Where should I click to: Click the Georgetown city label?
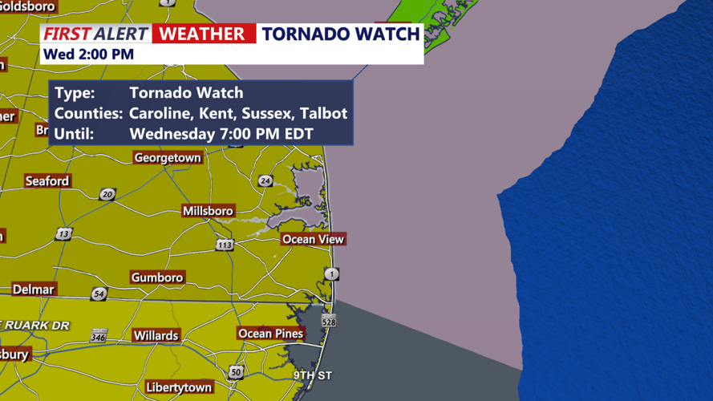tap(167, 158)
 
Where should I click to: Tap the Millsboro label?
tap(209, 211)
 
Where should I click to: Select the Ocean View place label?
tap(313, 239)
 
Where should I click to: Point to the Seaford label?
tap(47, 181)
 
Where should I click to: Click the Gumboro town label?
tap(157, 277)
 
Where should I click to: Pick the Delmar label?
tap(33, 290)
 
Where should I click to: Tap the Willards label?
tap(156, 335)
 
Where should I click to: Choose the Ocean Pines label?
tap(270, 334)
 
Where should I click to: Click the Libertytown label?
tap(179, 387)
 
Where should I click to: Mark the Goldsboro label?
tap(28, 6)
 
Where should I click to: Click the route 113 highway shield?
tap(225, 245)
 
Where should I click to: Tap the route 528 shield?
tap(329, 321)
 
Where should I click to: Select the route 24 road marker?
tap(265, 181)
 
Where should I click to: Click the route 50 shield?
tap(236, 371)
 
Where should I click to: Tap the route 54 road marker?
tap(99, 294)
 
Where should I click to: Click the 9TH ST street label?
tap(312, 375)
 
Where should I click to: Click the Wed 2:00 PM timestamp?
tap(88, 55)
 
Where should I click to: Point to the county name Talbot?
tap(326, 113)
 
